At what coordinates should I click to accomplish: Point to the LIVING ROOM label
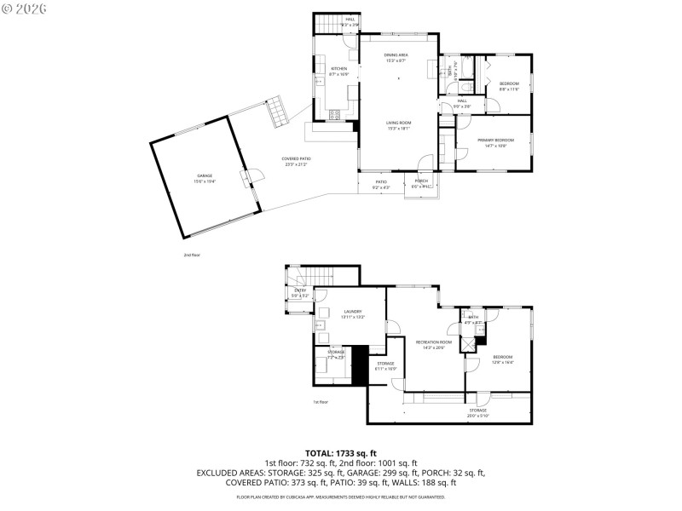click(398, 124)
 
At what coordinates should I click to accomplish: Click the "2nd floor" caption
click(191, 255)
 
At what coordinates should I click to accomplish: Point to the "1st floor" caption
click(321, 402)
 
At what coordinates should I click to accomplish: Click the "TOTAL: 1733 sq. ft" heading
click(340, 453)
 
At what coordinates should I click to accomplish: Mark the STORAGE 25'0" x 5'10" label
click(477, 412)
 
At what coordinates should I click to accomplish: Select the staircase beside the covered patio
click(278, 112)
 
